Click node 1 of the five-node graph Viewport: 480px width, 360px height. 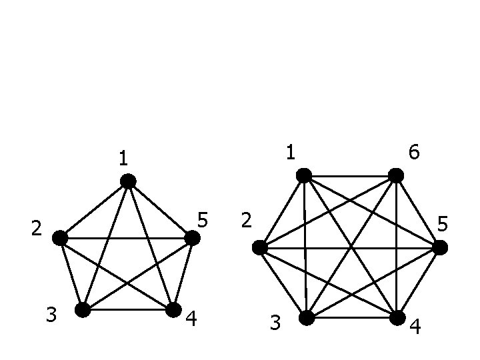(128, 181)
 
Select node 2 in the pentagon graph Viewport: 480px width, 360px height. (60, 237)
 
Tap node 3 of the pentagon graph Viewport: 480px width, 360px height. (83, 309)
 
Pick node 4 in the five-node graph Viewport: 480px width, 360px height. (173, 309)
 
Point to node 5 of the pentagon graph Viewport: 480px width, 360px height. (192, 237)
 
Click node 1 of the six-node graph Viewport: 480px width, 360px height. (304, 175)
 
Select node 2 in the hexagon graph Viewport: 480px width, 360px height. (260, 248)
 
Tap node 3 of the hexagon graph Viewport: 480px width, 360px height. (306, 318)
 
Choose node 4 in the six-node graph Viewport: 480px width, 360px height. (397, 318)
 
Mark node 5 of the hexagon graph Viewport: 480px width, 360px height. (439, 248)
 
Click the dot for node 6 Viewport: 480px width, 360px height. (396, 175)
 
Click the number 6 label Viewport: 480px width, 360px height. (414, 153)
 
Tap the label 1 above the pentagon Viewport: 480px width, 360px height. (123, 159)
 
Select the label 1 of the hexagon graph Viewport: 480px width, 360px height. (291, 153)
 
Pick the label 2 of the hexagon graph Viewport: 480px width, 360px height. (246, 221)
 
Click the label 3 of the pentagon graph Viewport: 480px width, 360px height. (51, 314)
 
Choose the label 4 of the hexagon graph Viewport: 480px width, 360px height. (415, 327)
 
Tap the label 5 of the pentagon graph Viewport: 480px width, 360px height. (203, 219)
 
